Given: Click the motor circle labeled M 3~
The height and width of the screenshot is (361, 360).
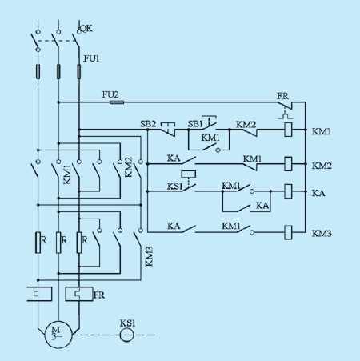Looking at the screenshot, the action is coord(58,335).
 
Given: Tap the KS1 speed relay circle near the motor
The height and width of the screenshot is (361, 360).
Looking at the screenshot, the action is coord(126,335).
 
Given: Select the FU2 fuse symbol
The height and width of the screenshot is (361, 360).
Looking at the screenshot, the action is coord(117,102).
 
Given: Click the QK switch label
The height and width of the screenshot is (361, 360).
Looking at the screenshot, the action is coord(86,28).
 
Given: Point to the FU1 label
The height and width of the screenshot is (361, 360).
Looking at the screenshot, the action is coord(91,58).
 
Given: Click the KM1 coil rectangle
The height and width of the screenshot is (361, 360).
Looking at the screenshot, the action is coord(288,130).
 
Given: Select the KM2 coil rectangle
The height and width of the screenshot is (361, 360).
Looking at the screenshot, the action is coord(288,164).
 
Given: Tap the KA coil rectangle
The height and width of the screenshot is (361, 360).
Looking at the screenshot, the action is coord(288,191).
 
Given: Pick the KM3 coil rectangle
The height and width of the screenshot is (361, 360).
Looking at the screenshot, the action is coord(288,232).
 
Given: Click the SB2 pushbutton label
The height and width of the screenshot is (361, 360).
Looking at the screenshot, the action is coord(148,124).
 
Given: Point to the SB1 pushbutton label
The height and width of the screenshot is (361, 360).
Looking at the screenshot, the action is coord(195,124).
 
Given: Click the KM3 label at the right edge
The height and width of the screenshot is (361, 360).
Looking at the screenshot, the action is coord(322,234).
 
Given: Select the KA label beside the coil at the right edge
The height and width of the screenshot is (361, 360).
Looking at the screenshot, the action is coord(318,193).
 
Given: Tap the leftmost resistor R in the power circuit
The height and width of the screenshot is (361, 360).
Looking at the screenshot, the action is coord(38,243).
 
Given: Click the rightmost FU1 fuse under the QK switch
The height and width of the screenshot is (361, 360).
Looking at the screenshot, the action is coord(79,71).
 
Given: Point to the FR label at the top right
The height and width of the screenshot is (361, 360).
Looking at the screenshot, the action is coord(282,96).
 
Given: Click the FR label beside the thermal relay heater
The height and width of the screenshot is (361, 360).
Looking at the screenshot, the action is coord(99,295).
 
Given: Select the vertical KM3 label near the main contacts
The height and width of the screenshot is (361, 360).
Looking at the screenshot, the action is coord(150,256).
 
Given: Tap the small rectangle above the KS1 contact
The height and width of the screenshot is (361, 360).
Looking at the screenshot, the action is coord(189,174).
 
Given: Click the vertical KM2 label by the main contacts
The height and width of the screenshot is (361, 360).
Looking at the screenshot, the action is coord(129,167).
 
